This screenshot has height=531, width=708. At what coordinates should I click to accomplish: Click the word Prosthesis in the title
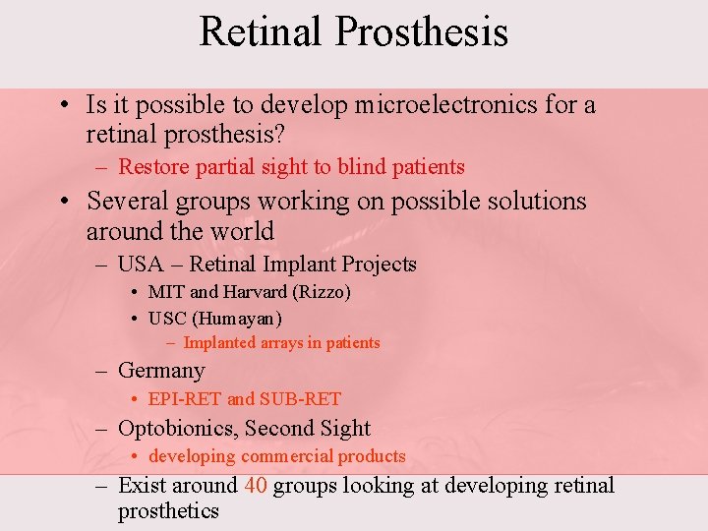[421, 31]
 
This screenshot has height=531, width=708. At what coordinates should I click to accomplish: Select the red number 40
[255, 486]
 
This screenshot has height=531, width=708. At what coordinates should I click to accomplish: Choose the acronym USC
[167, 319]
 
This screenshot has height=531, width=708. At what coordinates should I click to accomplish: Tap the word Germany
[161, 371]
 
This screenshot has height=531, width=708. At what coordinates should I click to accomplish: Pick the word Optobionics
[176, 429]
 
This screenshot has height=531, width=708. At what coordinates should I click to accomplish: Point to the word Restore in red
[147, 167]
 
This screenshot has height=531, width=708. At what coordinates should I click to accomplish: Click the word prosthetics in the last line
[168, 511]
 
